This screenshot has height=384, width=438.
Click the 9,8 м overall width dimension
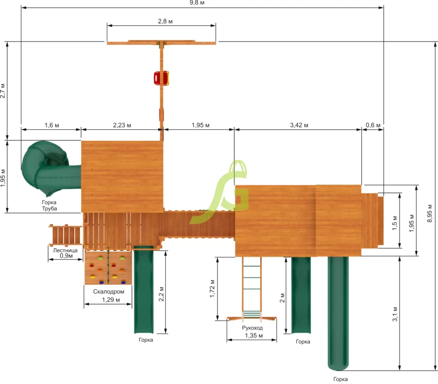197,3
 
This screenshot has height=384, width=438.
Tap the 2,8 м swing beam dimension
165,21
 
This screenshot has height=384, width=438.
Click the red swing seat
162,78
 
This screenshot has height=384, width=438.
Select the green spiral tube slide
51,169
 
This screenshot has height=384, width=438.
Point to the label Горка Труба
49,205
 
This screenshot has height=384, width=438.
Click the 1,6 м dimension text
51,125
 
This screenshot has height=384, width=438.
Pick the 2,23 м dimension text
122,125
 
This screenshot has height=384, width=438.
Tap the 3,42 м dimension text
299,125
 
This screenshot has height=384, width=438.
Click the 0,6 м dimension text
373,125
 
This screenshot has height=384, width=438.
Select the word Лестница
65,250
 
